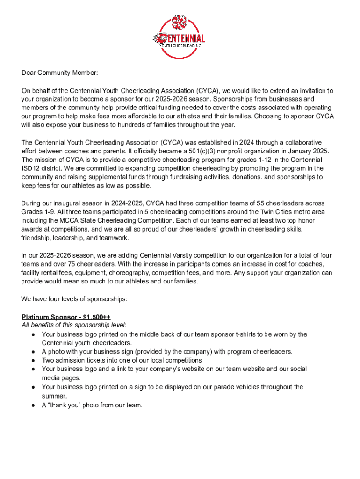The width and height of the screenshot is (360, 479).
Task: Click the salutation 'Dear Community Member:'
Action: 60,73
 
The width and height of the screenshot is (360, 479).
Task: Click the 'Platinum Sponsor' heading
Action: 47,317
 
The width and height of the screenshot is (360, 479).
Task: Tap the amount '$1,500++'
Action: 96,317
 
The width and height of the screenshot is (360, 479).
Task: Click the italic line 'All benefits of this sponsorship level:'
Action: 74,325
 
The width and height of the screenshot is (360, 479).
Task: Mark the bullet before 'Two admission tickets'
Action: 34,360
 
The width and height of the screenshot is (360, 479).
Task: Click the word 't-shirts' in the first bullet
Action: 246,334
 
